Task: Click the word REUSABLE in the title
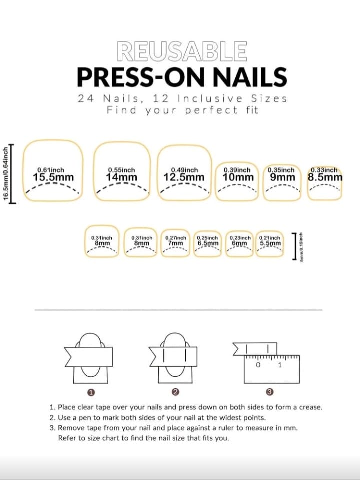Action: pyautogui.click(x=182, y=51)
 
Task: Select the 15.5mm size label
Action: pyautogui.click(x=53, y=177)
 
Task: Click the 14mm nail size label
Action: pyautogui.click(x=122, y=177)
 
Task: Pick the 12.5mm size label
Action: pyautogui.click(x=184, y=177)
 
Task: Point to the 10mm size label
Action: pyautogui.click(x=238, y=177)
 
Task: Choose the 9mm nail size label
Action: pyautogui.click(x=282, y=177)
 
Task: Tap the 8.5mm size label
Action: pyautogui.click(x=325, y=177)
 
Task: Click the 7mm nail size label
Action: pyautogui.click(x=175, y=243)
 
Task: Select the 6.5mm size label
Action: pyautogui.click(x=208, y=243)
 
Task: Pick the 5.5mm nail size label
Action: pyautogui.click(x=270, y=243)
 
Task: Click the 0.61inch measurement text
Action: pyautogui.click(x=51, y=170)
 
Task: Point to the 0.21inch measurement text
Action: pyautogui.click(x=269, y=238)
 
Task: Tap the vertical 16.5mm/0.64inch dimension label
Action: pyautogui.click(x=6, y=173)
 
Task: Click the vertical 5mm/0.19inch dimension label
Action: pyautogui.click(x=301, y=246)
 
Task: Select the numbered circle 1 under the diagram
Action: pyautogui.click(x=91, y=392)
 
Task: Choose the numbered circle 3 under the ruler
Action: pyautogui.click(x=269, y=392)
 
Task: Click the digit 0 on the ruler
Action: pyautogui.click(x=258, y=365)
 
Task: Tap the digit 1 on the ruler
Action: pyautogui.click(x=280, y=365)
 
